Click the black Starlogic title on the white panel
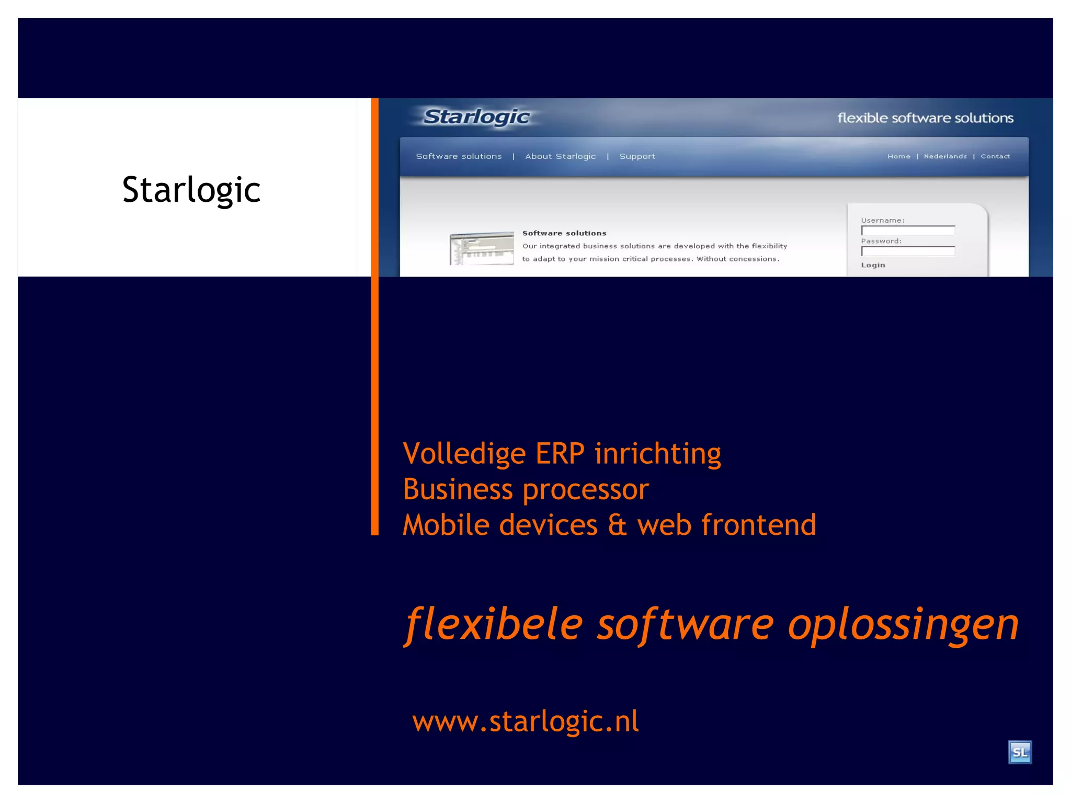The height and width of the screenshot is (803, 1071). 191,190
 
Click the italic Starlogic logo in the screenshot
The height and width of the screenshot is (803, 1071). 476,117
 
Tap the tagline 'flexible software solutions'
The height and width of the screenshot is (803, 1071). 925,118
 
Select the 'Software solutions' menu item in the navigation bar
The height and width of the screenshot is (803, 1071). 459,156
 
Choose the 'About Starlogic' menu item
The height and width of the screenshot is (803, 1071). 561,156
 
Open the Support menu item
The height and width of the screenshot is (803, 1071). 637,156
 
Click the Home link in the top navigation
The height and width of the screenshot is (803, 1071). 898,156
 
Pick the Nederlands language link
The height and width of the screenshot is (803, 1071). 945,156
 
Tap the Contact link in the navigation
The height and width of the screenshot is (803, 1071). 995,156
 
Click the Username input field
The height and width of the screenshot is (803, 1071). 908,231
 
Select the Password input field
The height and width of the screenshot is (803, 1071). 908,251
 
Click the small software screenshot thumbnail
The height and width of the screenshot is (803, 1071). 482,248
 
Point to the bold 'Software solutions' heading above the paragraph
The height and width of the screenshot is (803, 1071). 564,233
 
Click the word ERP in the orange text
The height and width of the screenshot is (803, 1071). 560,453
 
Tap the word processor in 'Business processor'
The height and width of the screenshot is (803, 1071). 586,490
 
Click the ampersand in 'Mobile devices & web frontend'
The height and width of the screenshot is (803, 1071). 617,525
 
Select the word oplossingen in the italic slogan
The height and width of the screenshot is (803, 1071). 903,624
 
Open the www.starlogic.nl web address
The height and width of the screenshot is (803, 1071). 526,722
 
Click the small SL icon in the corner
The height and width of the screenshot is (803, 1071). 1020,752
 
